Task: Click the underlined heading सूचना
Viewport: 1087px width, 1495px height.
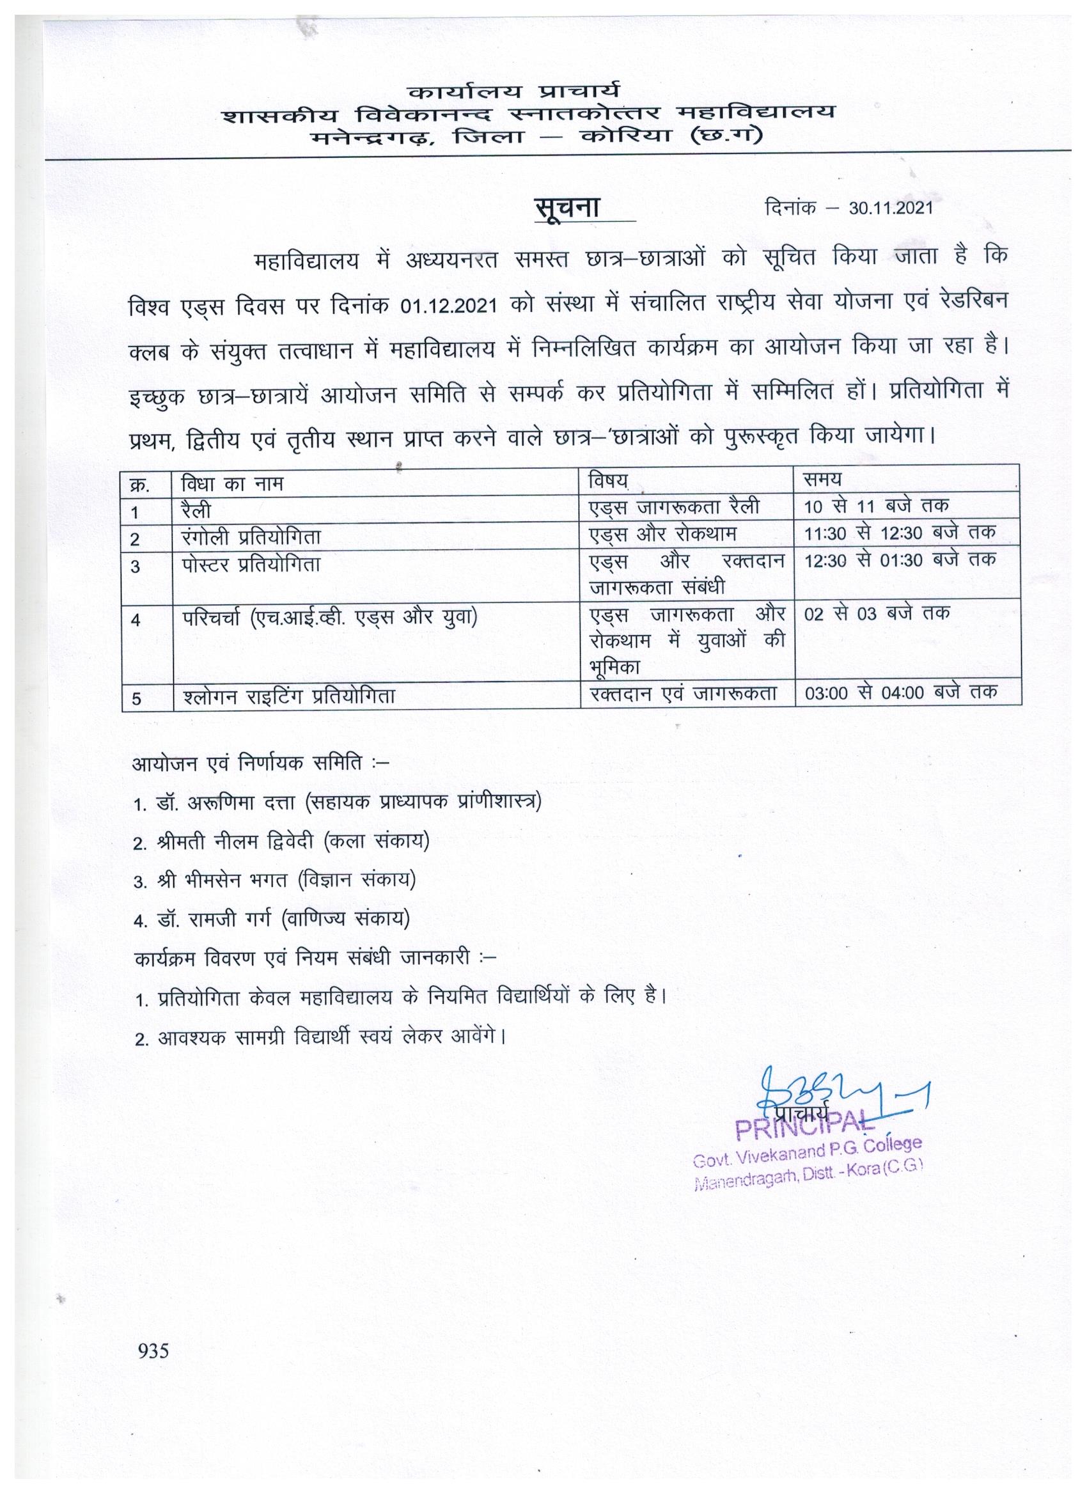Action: (567, 207)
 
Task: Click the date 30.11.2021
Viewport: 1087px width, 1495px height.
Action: (891, 208)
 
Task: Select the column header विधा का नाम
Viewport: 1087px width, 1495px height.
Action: (232, 485)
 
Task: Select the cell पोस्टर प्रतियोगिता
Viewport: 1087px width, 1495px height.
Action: (251, 565)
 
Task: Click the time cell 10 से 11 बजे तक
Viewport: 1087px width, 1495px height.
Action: (877, 506)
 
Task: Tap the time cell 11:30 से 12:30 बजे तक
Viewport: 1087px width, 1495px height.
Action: (900, 533)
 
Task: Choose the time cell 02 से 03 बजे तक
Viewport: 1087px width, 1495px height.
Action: (877, 613)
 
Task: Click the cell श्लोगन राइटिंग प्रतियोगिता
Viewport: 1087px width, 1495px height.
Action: (289, 696)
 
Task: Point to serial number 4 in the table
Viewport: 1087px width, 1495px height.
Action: (136, 620)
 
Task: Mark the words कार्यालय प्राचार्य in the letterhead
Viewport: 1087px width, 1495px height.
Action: (513, 90)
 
